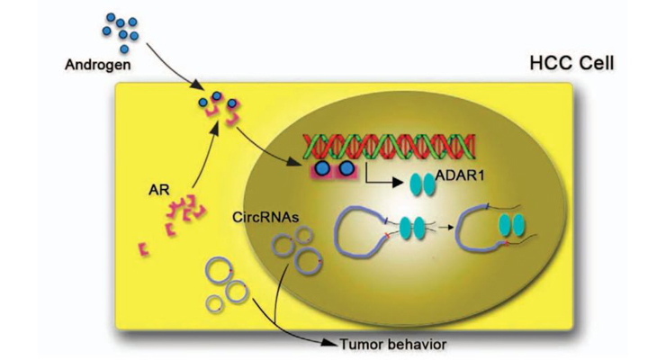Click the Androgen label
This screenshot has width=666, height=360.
(98, 65)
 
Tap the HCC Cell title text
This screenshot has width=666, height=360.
(571, 64)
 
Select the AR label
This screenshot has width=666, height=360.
(159, 189)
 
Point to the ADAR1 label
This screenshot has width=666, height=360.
(460, 175)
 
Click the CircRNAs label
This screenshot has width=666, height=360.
(265, 218)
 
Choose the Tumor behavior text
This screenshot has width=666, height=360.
(393, 344)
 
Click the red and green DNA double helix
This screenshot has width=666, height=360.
(389, 147)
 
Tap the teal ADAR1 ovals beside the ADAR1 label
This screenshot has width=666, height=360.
(422, 184)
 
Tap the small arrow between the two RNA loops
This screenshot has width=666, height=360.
(445, 228)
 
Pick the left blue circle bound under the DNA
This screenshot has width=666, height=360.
(323, 168)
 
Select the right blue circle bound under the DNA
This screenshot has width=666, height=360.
(347, 168)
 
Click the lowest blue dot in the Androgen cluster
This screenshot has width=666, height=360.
(124, 49)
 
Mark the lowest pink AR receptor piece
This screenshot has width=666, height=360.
(144, 249)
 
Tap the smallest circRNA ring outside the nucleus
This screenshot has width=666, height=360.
(214, 303)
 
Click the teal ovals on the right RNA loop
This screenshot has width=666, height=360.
(512, 225)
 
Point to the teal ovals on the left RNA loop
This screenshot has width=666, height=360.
(412, 227)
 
